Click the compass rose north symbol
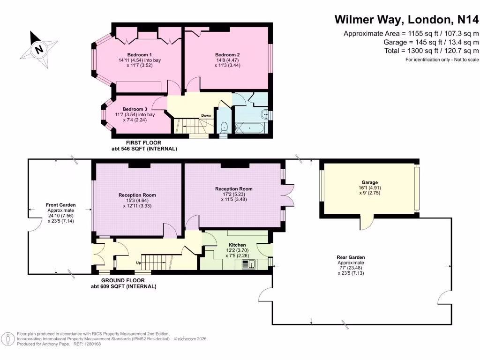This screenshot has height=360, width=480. (x=39, y=49)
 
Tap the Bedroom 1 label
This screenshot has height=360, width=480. (x=140, y=55)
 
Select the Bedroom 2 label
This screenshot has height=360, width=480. (x=227, y=55)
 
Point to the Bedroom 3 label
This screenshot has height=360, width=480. (x=135, y=109)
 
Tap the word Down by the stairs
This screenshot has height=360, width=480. (x=206, y=115)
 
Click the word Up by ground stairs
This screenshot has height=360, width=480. (x=138, y=262)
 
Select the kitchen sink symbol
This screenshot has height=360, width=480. (x=248, y=264)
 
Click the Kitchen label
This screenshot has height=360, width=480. (x=237, y=245)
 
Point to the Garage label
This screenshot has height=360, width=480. (x=369, y=182)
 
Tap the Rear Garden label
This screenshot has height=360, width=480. (x=351, y=257)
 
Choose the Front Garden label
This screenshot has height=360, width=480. (x=60, y=205)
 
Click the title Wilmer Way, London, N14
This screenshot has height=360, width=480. (x=406, y=19)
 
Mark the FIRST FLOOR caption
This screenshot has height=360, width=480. (x=143, y=142)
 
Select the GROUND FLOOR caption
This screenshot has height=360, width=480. (x=123, y=280)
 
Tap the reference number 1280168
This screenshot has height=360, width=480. (x=92, y=344)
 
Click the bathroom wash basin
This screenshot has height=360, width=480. (x=265, y=115)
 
